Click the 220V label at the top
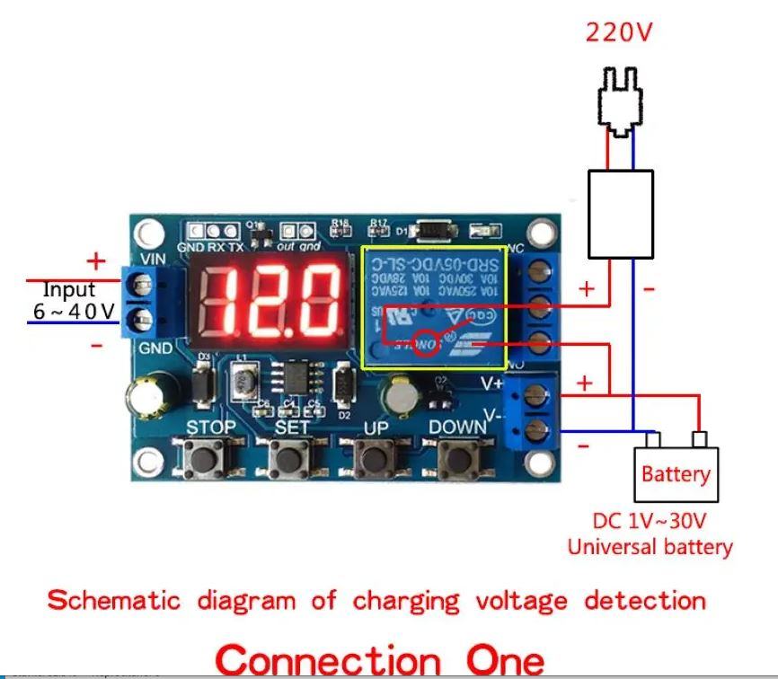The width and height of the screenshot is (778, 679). (619, 33)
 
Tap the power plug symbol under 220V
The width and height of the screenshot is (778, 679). (620, 101)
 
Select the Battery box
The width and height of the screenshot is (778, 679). (676, 474)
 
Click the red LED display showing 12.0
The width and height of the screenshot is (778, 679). (269, 298)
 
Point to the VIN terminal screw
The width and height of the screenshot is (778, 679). (141, 287)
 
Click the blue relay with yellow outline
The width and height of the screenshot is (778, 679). (433, 305)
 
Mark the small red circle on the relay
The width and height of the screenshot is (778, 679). (429, 344)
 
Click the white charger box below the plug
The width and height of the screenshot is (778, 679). (620, 214)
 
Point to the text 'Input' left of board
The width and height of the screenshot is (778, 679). (69, 290)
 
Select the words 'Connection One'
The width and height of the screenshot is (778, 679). (380, 658)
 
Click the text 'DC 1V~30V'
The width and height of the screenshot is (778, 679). (649, 521)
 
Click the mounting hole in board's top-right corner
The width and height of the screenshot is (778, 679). (540, 234)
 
